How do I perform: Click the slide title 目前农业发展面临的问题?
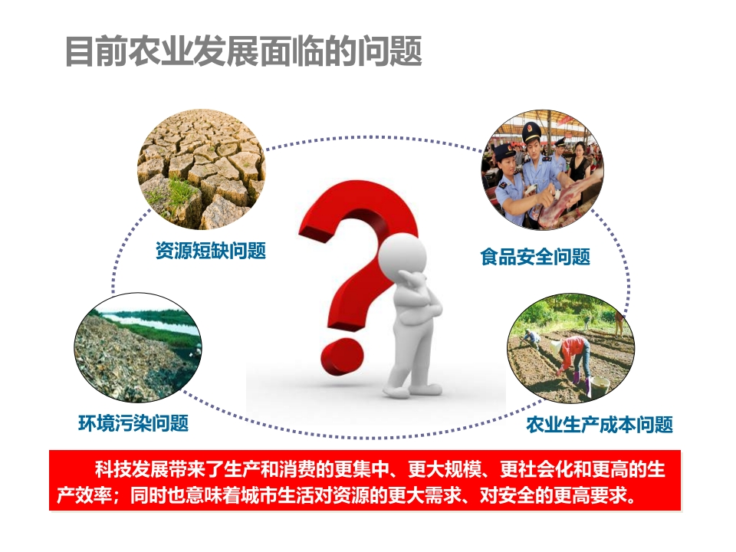pos(244,51)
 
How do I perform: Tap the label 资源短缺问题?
pos(211,250)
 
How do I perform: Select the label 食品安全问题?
pos(535,257)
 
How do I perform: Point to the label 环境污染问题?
pos(133,423)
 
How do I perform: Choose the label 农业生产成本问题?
pos(600,424)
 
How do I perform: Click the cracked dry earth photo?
pos(202,169)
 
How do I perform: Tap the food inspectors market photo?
pos(543,170)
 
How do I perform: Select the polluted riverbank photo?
pos(138,348)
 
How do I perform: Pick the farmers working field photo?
pos(570,348)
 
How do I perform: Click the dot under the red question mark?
pos(342,357)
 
